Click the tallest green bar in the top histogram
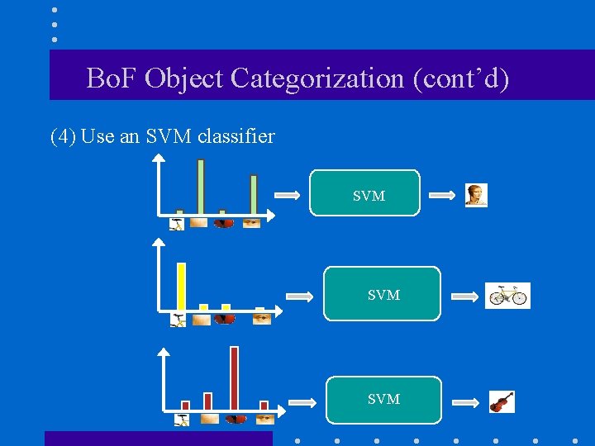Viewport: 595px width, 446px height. [x=201, y=187]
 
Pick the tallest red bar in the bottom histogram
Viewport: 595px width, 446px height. [x=234, y=377]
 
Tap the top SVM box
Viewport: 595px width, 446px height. [x=364, y=193]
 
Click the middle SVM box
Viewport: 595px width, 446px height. [x=382, y=293]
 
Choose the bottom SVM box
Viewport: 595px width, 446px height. [x=383, y=399]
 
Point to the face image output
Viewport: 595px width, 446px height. [x=476, y=195]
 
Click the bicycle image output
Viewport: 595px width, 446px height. [x=507, y=295]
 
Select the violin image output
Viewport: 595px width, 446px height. [x=502, y=401]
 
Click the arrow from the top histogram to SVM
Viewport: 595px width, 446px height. [x=287, y=196]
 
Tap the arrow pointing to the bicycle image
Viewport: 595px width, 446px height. [x=465, y=296]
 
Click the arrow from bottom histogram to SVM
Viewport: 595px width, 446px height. [x=302, y=403]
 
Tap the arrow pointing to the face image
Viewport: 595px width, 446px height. [x=443, y=196]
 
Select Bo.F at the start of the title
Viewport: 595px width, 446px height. [x=112, y=79]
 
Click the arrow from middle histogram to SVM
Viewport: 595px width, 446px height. [x=298, y=296]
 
